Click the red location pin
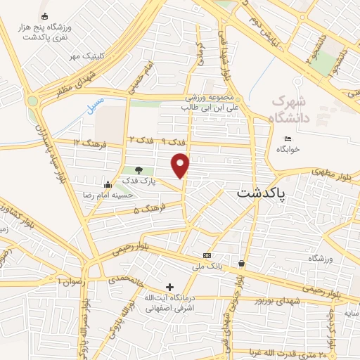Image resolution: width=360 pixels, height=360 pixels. [181, 165]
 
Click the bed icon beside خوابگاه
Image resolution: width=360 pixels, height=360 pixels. [288, 138]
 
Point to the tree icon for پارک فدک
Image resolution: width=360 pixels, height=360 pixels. [138, 170]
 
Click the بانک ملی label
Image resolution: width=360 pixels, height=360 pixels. [207, 266]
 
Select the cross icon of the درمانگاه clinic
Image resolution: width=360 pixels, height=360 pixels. [169, 287]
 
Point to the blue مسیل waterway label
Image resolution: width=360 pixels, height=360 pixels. [94, 106]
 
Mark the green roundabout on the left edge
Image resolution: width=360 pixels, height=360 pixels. [32, 101]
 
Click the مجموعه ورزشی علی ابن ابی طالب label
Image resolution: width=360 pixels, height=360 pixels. [202, 103]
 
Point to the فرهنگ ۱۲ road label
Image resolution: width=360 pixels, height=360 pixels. [87, 143]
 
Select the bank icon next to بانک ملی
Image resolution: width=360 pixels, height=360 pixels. [207, 255]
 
